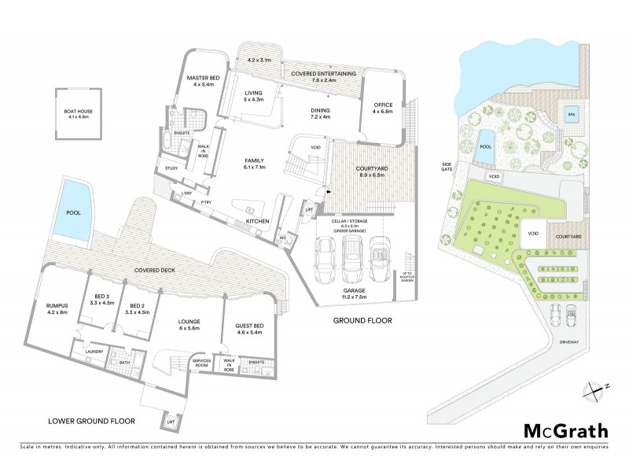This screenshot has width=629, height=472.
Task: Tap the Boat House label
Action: pyautogui.click(x=79, y=115)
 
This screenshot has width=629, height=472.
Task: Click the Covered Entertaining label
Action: pyautogui.click(x=323, y=76)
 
